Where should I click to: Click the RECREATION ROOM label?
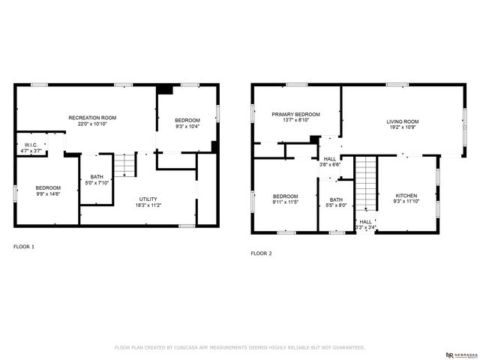92,118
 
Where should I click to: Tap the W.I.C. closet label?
31,145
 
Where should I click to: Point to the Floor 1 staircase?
125,165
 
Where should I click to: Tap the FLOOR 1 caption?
24,246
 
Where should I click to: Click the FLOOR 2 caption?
261,253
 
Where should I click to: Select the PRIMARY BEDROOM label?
295,114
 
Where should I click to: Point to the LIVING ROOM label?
403,121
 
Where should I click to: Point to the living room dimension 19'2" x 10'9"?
403,127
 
